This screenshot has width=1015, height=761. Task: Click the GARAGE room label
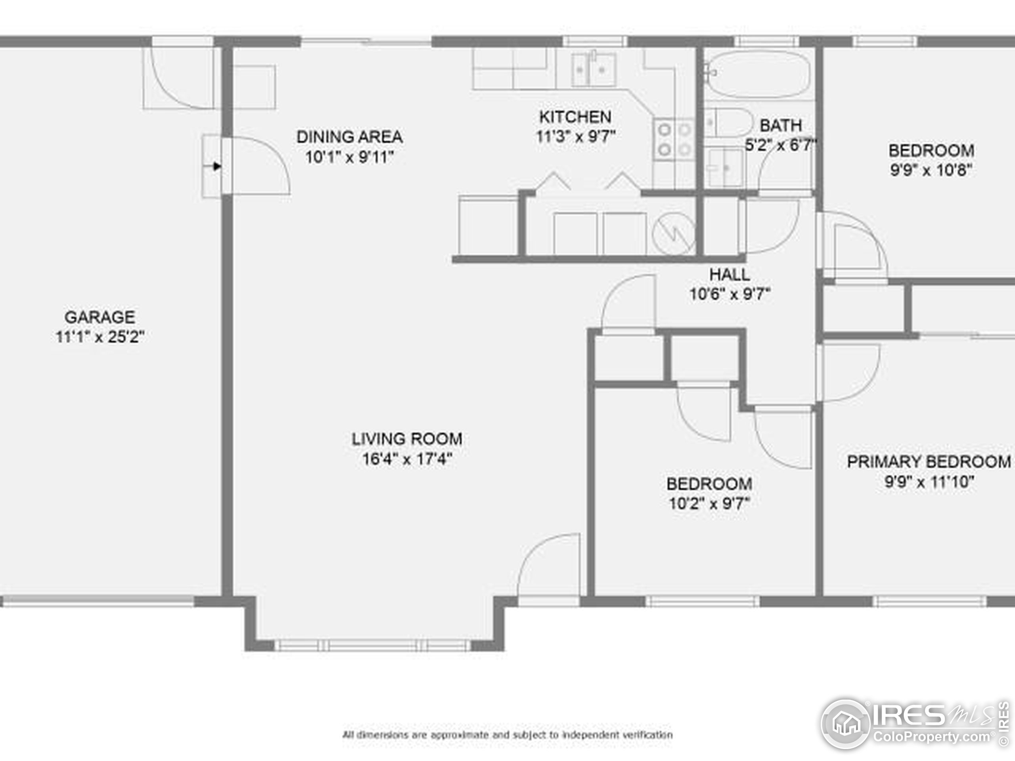click(100, 317)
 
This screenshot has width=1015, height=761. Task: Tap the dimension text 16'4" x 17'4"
click(407, 459)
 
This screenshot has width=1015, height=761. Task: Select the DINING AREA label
click(350, 137)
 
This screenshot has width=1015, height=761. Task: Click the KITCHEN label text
click(575, 117)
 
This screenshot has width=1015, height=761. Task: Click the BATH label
click(781, 125)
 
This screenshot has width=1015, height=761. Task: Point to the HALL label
click(730, 275)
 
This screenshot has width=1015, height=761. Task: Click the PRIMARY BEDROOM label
click(928, 461)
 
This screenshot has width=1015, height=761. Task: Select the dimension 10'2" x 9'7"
click(709, 504)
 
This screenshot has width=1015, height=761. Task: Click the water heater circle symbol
click(674, 234)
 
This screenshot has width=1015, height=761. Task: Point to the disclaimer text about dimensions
click(507, 735)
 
